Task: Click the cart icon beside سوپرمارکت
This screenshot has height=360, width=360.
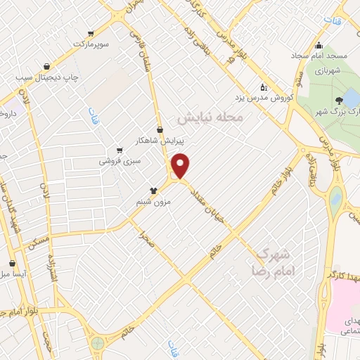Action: click(x=90, y=33)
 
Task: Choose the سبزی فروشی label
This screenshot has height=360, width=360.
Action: click(x=120, y=161)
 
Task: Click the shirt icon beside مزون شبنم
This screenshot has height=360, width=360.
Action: click(x=153, y=190)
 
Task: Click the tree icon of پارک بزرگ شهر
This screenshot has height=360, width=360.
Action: click(x=340, y=101)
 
